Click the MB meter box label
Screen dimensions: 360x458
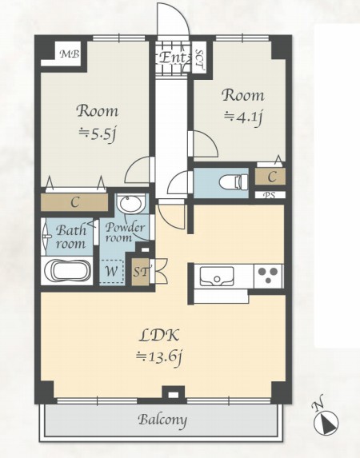[x=70, y=54]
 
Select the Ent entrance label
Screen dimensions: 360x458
[x=172, y=58]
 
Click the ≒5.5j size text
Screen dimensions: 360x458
[x=98, y=134]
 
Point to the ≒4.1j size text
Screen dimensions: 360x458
[x=242, y=117]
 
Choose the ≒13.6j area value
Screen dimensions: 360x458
[x=159, y=357]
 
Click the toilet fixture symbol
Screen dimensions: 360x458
[x=234, y=181]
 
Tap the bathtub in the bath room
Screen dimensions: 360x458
[x=67, y=271]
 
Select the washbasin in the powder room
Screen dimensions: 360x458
[x=130, y=203]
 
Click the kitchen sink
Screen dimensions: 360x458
[x=217, y=276]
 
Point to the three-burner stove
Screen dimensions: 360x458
[x=269, y=276]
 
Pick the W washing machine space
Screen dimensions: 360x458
[x=111, y=271]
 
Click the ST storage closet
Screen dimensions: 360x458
[x=140, y=273]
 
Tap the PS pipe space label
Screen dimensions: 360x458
[x=270, y=195]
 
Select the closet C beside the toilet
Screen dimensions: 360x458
[x=270, y=177]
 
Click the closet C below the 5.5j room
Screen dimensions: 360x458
[x=74, y=202]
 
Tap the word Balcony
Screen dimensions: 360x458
[x=162, y=420]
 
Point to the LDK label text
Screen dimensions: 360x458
[x=159, y=335]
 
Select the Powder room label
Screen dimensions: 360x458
[x=125, y=233]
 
